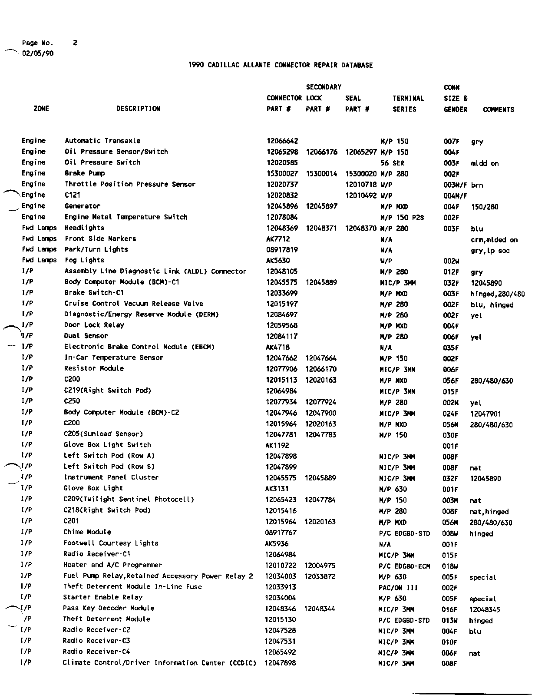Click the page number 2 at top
(x=75, y=43)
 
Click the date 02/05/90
(x=38, y=53)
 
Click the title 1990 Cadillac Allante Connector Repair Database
(x=281, y=65)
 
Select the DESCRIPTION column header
(x=138, y=109)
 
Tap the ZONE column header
(x=41, y=109)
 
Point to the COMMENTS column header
(x=498, y=109)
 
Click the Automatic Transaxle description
(x=102, y=141)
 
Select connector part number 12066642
(x=282, y=141)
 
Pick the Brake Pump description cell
(x=85, y=173)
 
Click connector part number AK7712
(x=278, y=239)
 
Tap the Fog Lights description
(x=85, y=260)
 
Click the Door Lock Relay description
(x=94, y=325)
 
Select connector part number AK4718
(x=277, y=347)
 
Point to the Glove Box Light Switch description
(x=107, y=445)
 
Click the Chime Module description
(x=87, y=532)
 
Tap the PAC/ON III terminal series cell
(x=398, y=588)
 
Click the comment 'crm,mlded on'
(x=494, y=240)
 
